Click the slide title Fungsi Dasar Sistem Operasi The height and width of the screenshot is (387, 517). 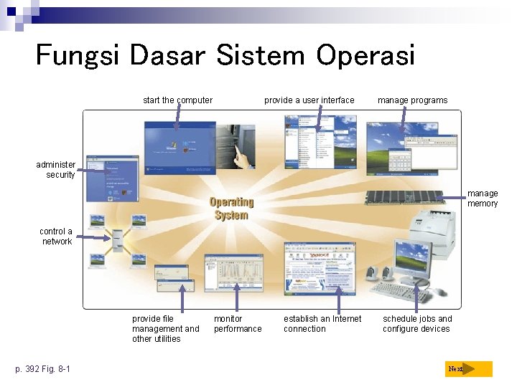coord(225,55)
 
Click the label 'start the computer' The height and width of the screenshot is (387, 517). coord(177,100)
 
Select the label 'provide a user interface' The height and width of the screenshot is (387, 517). coord(309,100)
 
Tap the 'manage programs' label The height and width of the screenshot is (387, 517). coord(412,100)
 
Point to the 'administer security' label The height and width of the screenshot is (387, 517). coord(56,170)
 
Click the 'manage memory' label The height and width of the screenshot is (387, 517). coord(483,199)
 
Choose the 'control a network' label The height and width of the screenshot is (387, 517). coord(56,236)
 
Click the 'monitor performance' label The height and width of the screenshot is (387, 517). coord(238,324)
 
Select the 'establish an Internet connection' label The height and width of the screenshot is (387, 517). coord(322,324)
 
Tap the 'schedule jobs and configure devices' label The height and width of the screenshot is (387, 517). coord(417,324)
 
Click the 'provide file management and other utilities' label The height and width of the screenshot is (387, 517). coord(165,329)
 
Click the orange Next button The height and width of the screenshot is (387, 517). coord(468,369)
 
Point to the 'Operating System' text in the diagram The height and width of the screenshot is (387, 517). coord(231,209)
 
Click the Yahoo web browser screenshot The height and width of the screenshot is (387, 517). coord(319,268)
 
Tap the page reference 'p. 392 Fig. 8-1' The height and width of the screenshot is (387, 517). coord(43,369)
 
